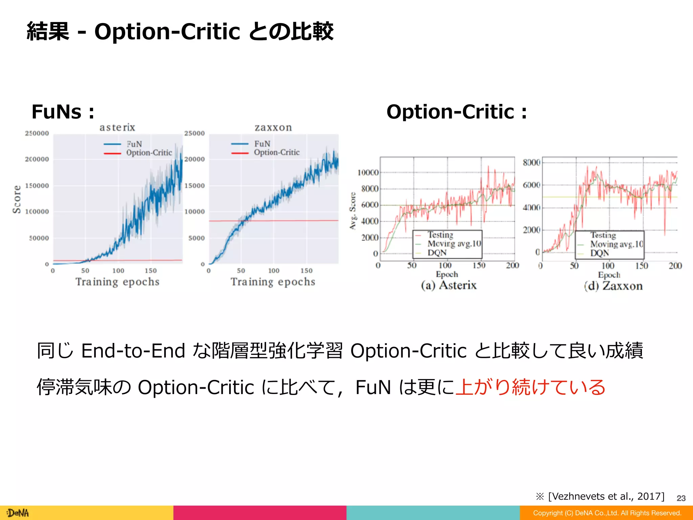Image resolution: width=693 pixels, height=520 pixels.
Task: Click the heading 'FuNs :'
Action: [63, 112]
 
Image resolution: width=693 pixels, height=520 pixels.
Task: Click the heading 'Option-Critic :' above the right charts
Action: [456, 112]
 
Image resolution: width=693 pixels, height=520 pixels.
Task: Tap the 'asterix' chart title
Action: [117, 127]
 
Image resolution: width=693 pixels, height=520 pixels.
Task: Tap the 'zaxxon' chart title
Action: [273, 127]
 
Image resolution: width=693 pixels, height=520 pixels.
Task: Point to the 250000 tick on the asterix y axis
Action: [37, 133]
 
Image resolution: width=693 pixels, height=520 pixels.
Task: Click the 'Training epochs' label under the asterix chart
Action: [117, 282]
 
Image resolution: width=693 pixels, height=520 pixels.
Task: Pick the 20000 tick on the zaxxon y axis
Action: [195, 159]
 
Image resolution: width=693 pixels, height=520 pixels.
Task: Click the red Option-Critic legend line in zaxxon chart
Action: [240, 153]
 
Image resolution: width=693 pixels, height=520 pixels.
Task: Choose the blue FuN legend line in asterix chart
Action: [112, 144]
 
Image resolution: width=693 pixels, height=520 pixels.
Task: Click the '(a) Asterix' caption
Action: [449, 285]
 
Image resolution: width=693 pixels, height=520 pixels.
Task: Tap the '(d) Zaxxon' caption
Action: [613, 286]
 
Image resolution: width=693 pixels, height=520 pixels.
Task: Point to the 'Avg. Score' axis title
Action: [353, 211]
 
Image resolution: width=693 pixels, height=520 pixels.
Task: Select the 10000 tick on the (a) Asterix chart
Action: [368, 173]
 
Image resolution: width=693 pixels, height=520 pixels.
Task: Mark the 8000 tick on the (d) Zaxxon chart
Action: [531, 162]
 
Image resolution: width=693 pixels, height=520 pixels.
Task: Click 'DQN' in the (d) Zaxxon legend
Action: [600, 253]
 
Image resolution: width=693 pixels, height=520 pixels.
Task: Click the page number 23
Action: [681, 498]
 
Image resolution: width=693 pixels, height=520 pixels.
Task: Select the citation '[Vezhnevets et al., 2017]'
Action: [606, 496]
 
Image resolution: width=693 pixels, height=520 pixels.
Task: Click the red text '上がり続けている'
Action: [530, 387]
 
